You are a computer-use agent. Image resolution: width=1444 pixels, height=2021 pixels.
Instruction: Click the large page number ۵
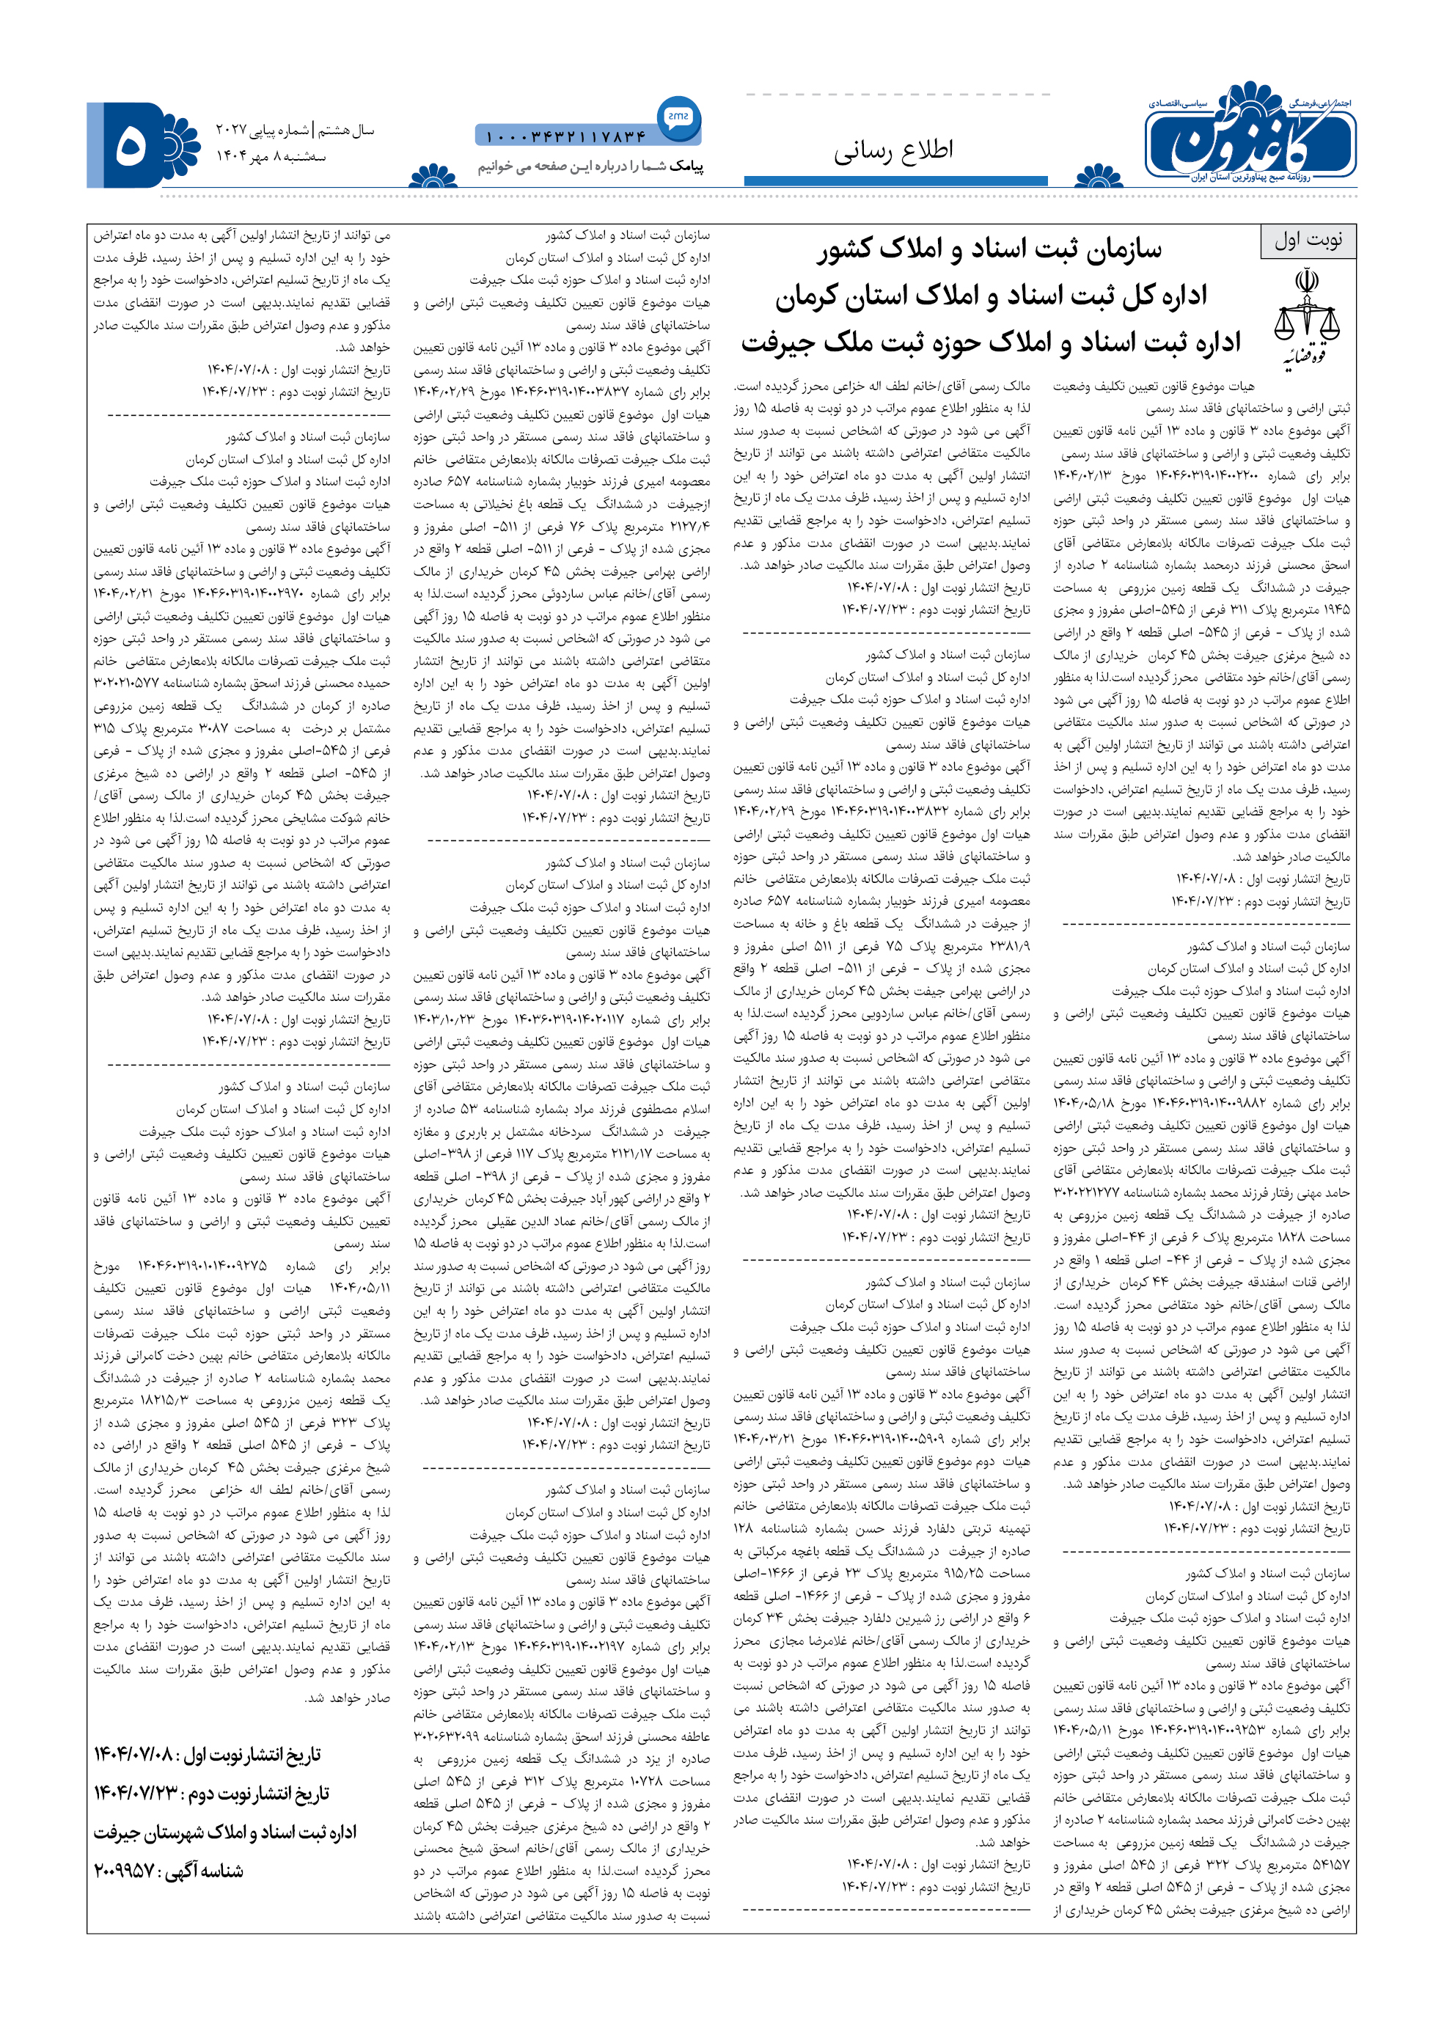131,145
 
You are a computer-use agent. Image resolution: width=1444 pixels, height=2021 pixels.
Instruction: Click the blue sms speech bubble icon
679,117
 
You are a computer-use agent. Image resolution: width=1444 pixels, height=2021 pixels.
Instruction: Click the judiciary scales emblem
1306,317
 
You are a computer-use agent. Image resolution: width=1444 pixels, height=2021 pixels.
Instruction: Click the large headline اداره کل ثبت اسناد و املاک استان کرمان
991,296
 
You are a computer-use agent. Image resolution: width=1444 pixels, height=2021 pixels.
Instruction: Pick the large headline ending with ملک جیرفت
991,343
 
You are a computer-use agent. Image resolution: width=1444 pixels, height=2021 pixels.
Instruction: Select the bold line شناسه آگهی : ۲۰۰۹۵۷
169,1871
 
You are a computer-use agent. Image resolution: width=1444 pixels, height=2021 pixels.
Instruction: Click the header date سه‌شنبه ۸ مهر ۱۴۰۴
271,156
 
